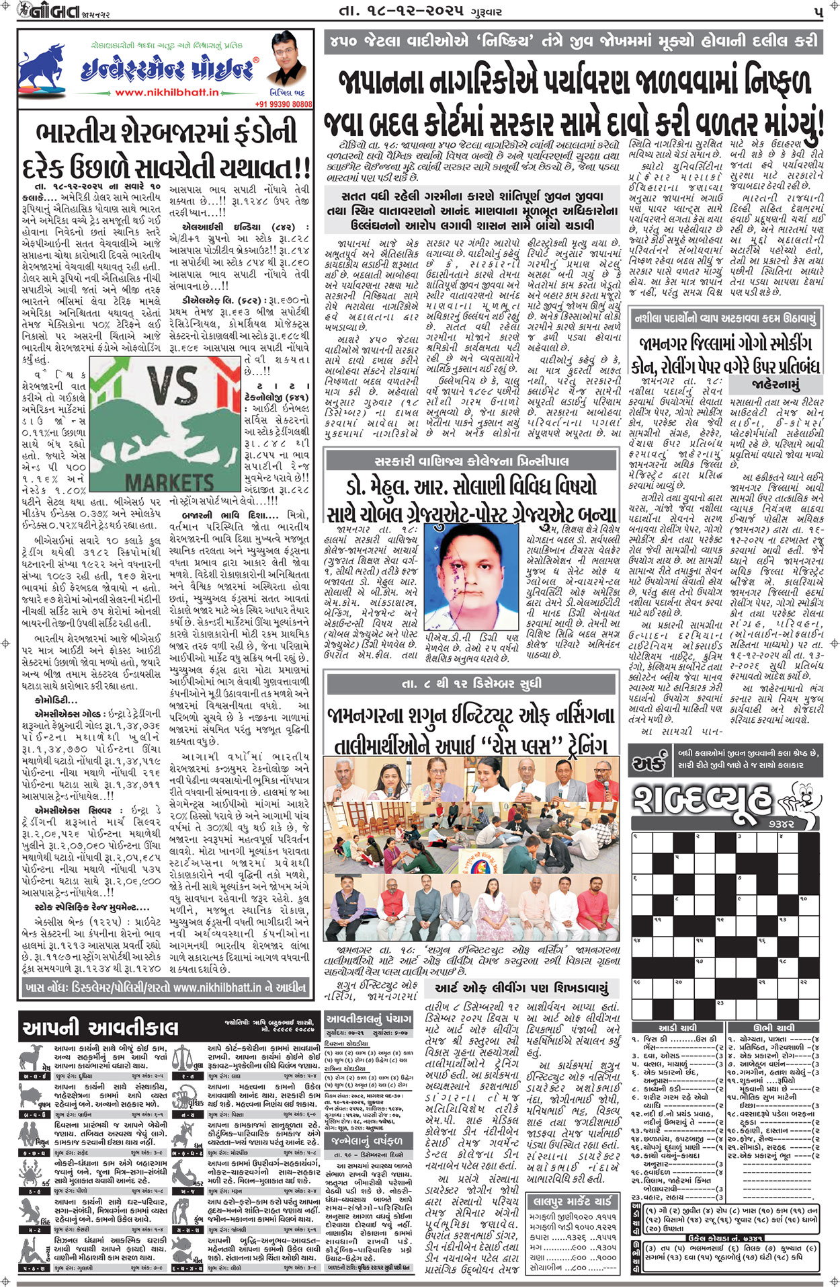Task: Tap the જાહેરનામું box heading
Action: (x=777, y=385)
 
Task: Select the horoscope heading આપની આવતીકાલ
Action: (x=101, y=1027)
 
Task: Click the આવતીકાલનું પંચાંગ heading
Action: (x=368, y=1019)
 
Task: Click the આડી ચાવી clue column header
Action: (x=677, y=1027)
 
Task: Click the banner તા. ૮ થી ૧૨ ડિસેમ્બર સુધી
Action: (x=471, y=683)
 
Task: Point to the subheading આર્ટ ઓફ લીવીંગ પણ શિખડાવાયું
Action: (x=521, y=988)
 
